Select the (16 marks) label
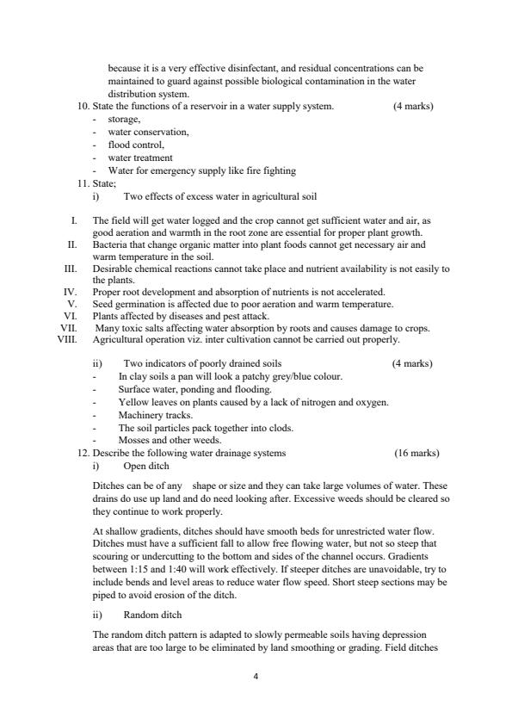tap(416, 453)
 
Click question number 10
tap(83, 106)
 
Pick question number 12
tap(83, 453)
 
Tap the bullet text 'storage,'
tap(124, 119)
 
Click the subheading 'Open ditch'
tap(146, 466)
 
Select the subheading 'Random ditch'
tap(152, 616)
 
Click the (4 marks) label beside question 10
tap(412, 106)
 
